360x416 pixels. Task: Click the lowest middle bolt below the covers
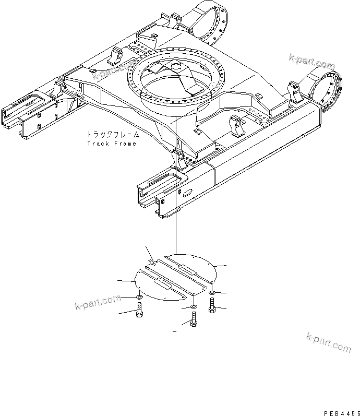(x=194, y=318)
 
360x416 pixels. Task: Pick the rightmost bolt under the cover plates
(x=212, y=305)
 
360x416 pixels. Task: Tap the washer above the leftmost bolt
(x=139, y=298)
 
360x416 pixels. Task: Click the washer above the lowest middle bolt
(x=194, y=306)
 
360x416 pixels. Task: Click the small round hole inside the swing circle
(x=176, y=66)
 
